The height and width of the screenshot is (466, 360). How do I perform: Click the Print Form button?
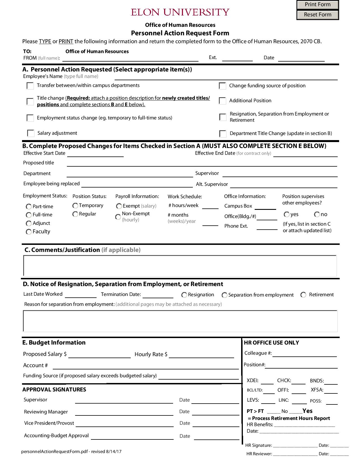tap(317, 5)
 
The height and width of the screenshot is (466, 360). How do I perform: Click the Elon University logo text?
tap(180, 12)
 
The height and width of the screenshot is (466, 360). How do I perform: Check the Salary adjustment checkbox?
tap(30, 133)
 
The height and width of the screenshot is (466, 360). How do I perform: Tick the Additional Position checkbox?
tap(222, 101)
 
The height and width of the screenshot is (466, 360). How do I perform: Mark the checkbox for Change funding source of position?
tap(222, 86)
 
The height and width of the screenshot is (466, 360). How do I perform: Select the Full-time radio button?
tap(29, 215)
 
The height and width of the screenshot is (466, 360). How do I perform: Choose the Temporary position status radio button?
tap(75, 206)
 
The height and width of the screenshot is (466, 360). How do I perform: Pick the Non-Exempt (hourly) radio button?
tap(118, 217)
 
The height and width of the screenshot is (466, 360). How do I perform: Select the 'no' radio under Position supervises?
tap(317, 215)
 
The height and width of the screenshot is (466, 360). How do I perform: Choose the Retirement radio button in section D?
tap(303, 295)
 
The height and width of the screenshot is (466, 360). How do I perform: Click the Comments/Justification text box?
tap(180, 266)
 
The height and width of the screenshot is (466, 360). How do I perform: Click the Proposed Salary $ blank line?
tap(99, 355)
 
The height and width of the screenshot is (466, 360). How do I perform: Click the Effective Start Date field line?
tap(95, 154)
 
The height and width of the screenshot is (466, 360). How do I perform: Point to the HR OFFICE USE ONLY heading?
tap(271, 343)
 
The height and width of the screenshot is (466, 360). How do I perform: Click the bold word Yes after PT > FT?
tap(307, 411)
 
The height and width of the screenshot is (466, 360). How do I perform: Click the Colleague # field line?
tap(305, 354)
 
